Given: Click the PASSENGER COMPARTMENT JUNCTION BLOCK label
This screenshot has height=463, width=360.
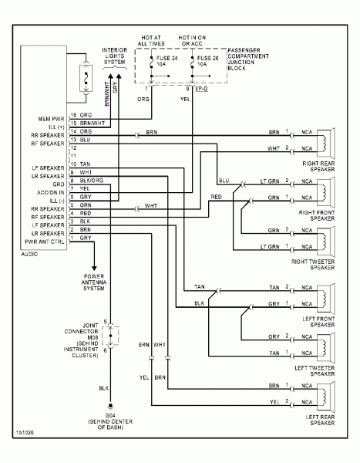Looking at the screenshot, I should click(x=254, y=57).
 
